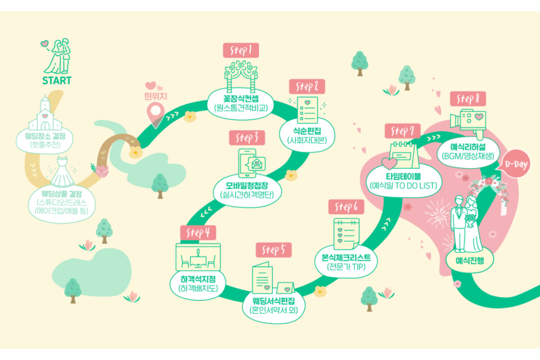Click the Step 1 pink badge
241,50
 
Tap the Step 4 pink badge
198,233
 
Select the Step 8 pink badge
468,99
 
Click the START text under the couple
57,81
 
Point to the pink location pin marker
156,113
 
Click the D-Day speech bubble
515,164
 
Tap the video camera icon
468,123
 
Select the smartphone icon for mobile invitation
247,163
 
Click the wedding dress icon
62,172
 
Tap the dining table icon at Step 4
198,257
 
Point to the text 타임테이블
403,176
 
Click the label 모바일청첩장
247,185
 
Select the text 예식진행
470,261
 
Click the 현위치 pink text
156,96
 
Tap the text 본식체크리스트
346,258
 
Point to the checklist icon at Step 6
346,234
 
